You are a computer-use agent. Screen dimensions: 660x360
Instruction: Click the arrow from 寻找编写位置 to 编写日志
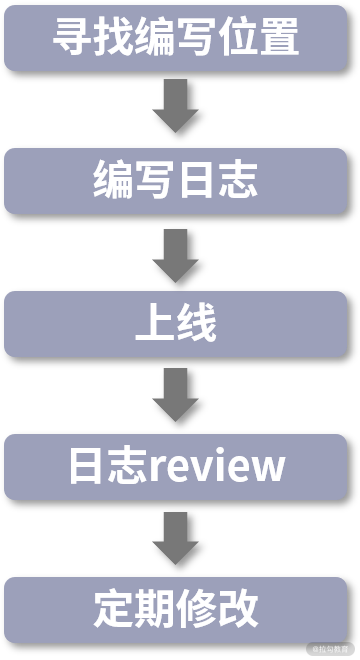(x=176, y=106)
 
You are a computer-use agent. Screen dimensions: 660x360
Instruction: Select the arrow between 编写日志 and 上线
(x=176, y=255)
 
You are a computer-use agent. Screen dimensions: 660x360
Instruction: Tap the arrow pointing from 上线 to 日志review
(x=176, y=395)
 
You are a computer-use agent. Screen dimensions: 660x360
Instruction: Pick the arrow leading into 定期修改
(x=176, y=538)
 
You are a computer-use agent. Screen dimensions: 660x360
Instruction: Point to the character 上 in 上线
(x=155, y=323)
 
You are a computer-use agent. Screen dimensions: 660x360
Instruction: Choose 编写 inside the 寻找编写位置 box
(x=176, y=37)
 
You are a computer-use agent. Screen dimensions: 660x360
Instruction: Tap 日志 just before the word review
(x=108, y=466)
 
